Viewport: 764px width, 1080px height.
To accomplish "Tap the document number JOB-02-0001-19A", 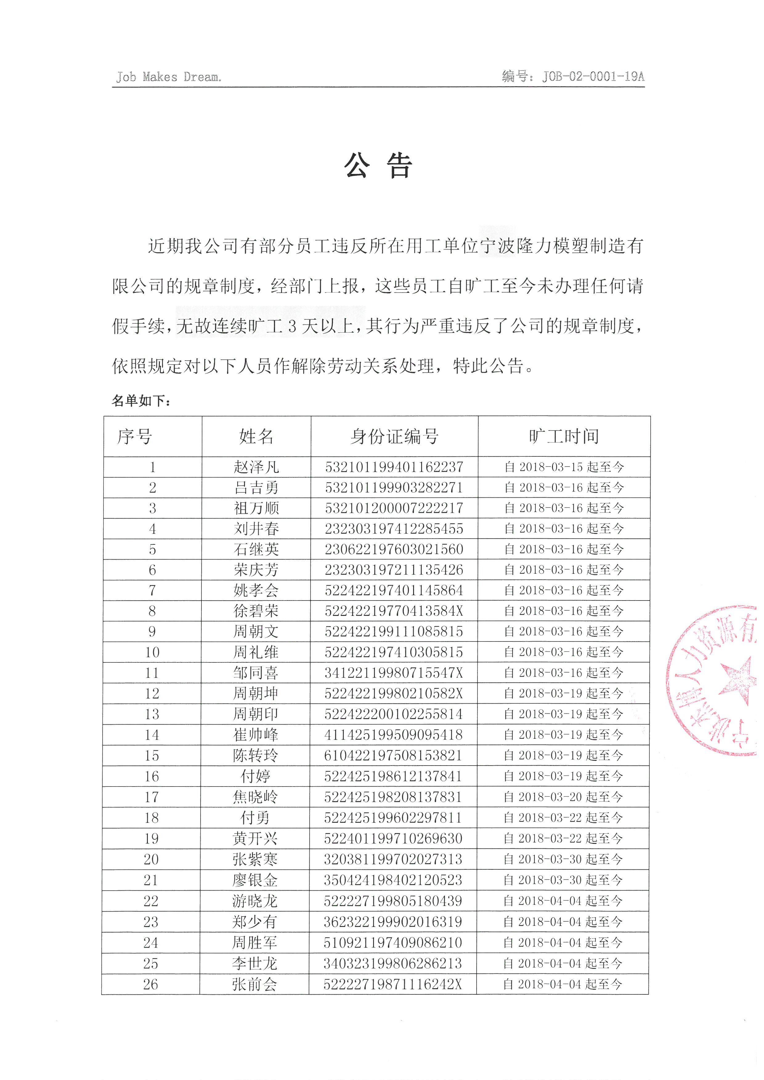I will click(x=593, y=77).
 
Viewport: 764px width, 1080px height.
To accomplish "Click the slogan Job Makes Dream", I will click(x=169, y=77).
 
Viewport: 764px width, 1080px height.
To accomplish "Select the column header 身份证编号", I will click(x=394, y=436).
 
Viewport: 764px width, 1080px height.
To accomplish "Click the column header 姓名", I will click(x=256, y=436).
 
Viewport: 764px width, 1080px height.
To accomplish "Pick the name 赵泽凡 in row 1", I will click(x=256, y=467).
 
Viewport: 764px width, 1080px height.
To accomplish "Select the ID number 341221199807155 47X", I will click(x=393, y=673).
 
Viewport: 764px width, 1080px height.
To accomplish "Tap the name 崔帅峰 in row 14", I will click(x=255, y=735).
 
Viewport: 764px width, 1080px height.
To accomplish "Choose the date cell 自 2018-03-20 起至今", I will click(x=563, y=797).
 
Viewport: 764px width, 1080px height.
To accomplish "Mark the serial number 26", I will click(x=151, y=984).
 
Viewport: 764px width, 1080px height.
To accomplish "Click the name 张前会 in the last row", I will click(x=254, y=984).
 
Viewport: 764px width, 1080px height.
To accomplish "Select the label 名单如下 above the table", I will click(x=141, y=401).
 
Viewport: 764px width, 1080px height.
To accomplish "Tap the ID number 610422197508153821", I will click(x=393, y=755).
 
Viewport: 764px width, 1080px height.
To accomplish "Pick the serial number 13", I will click(x=152, y=714).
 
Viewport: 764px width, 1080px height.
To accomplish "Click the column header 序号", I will click(x=135, y=436).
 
